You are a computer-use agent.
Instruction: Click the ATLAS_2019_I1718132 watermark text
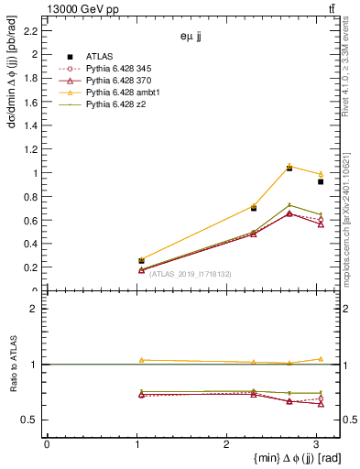click(190, 274)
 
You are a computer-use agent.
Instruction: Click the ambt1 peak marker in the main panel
click(289, 166)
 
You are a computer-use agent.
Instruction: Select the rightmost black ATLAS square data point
click(321, 181)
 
